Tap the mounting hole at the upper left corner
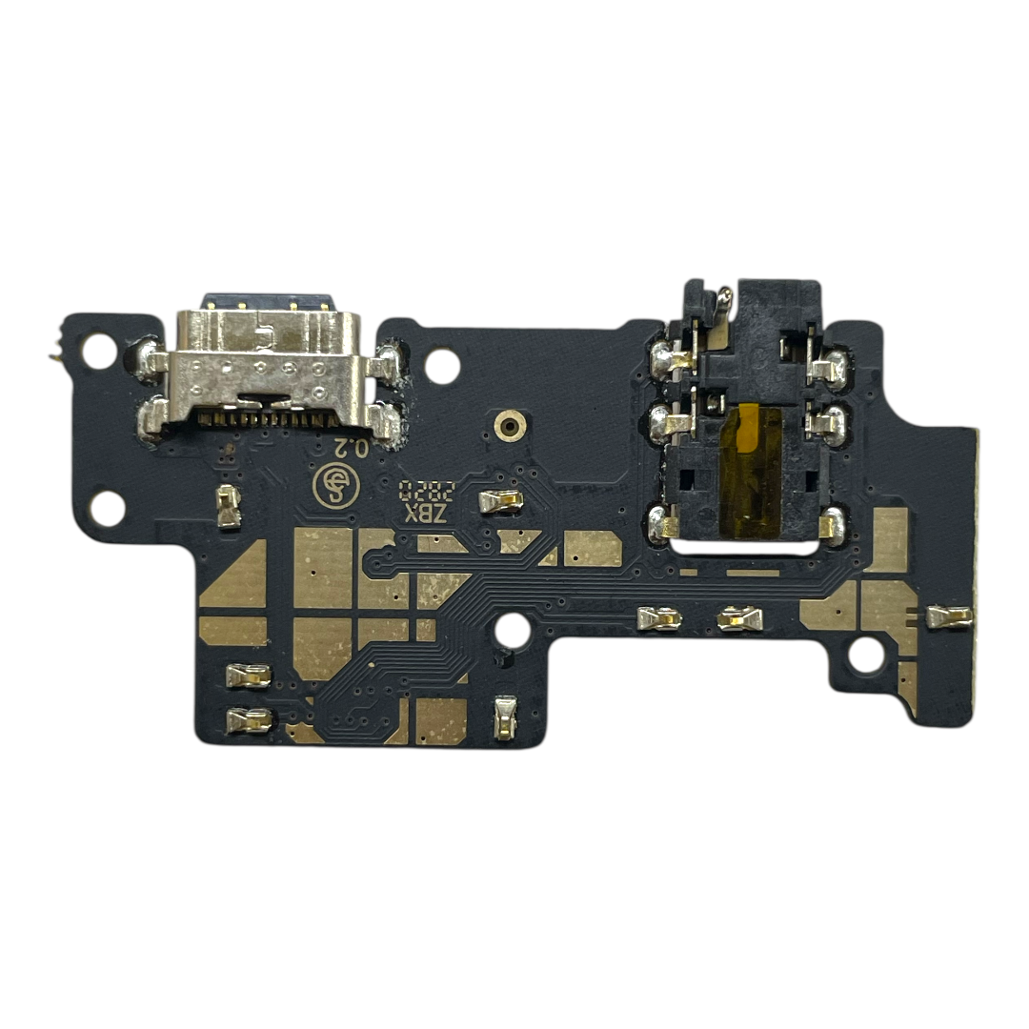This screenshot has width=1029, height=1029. tap(98, 351)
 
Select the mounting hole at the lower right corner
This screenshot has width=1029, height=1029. tap(866, 655)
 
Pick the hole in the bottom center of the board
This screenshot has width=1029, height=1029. tap(513, 630)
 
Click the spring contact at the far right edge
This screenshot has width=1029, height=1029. tap(949, 617)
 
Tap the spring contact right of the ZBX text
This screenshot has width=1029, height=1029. tap(500, 501)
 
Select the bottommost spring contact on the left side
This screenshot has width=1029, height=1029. tap(249, 721)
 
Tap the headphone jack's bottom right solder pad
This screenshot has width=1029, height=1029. tap(831, 521)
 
